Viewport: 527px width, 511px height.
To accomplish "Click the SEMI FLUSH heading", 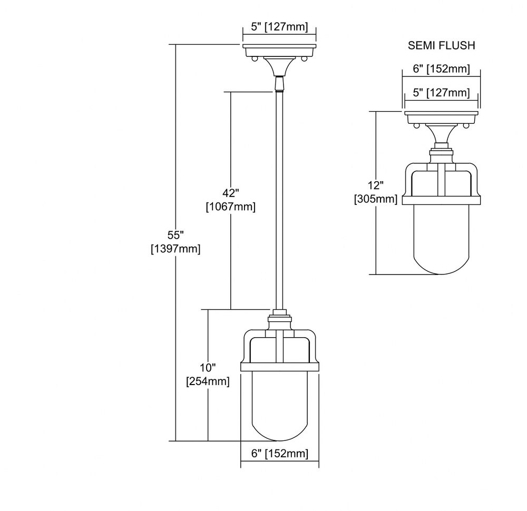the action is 441,45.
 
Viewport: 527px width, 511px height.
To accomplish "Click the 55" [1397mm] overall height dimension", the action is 175,242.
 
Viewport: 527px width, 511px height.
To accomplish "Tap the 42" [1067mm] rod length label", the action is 231,200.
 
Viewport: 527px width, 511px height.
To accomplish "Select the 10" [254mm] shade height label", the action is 208,375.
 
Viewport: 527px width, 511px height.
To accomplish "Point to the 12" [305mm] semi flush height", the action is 376,192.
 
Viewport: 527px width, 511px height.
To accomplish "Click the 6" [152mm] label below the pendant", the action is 280,454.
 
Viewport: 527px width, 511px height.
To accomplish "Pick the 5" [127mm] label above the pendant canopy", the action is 279,26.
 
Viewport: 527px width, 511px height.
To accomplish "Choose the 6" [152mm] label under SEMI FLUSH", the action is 441,69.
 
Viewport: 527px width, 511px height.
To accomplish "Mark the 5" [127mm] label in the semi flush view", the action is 441,92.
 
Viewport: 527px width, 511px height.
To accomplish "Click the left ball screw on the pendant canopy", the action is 255,60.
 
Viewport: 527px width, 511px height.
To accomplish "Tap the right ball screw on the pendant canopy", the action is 304,60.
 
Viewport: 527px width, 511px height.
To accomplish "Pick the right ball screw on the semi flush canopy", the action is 466,126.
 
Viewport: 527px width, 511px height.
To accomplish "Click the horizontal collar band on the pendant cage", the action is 280,367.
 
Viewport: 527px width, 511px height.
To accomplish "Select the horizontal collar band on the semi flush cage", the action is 441,200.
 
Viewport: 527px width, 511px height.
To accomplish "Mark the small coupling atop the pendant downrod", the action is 279,84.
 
